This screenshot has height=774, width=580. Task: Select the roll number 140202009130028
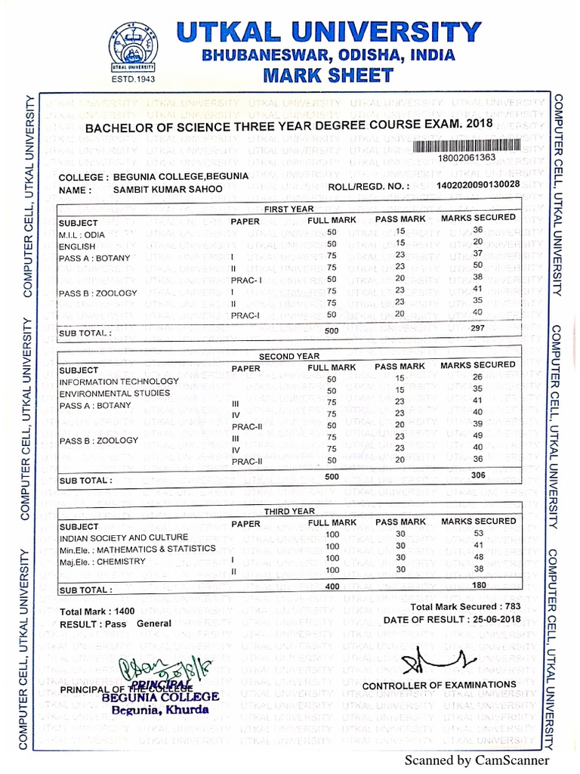478,184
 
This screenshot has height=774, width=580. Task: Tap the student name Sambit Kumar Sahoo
167,190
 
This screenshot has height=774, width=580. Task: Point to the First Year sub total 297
477,328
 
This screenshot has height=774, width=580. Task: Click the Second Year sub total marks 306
477,475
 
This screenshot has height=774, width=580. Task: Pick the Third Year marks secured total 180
477,585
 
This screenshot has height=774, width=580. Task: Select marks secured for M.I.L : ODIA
477,230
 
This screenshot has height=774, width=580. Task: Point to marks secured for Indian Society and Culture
477,533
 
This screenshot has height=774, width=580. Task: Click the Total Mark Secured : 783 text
466,606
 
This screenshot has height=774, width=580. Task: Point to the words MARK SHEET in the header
328,75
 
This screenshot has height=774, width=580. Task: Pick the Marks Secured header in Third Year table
478,522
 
